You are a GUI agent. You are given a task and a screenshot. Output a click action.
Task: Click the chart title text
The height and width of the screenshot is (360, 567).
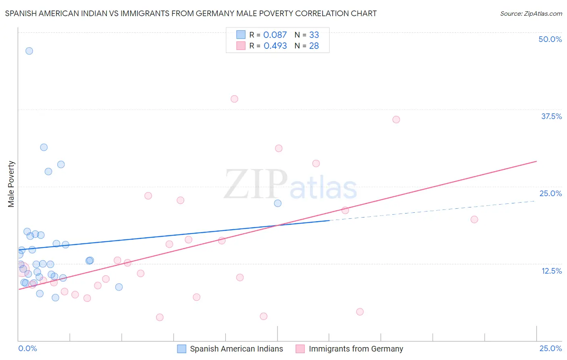[x=191, y=13]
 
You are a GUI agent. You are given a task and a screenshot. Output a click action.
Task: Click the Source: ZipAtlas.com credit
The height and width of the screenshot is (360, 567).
[x=531, y=13]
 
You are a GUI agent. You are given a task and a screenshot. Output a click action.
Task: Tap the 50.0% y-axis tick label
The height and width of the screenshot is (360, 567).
[x=550, y=39]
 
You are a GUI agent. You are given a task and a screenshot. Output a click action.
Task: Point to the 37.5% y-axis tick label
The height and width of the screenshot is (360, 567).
[x=551, y=116]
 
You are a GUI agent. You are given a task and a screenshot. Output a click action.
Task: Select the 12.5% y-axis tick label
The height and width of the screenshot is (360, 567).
[x=551, y=271]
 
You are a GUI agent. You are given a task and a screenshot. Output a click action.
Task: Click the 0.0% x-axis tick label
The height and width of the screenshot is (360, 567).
[x=27, y=348]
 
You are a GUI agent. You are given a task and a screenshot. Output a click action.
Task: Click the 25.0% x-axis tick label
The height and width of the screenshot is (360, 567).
[x=550, y=348]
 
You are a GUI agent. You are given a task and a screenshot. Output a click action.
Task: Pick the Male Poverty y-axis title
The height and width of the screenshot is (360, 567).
[x=11, y=184]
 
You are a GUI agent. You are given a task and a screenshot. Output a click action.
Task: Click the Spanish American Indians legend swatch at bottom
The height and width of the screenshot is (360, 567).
[x=182, y=349]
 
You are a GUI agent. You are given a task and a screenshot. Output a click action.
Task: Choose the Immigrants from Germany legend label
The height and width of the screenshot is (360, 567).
[x=356, y=349]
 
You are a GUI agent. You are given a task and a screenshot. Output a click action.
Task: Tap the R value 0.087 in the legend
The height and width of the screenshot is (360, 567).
[x=275, y=35]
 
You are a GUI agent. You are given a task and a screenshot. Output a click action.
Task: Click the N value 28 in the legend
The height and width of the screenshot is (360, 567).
[x=314, y=46]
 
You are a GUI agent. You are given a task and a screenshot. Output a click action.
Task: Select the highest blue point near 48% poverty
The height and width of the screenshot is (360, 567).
[x=29, y=51]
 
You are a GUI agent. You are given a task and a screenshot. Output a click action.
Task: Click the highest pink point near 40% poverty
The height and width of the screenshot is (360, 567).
[x=234, y=99]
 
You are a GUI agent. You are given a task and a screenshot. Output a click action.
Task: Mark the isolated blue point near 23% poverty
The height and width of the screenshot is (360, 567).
[x=278, y=203]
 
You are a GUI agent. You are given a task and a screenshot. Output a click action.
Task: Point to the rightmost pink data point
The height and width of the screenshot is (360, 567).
[x=474, y=220]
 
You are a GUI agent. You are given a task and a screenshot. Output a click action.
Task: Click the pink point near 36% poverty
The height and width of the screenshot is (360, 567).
[x=396, y=119]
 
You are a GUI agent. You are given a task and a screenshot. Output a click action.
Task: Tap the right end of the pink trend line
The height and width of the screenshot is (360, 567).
[x=536, y=161]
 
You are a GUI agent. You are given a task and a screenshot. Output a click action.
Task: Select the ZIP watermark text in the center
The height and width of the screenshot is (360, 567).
[x=256, y=184]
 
